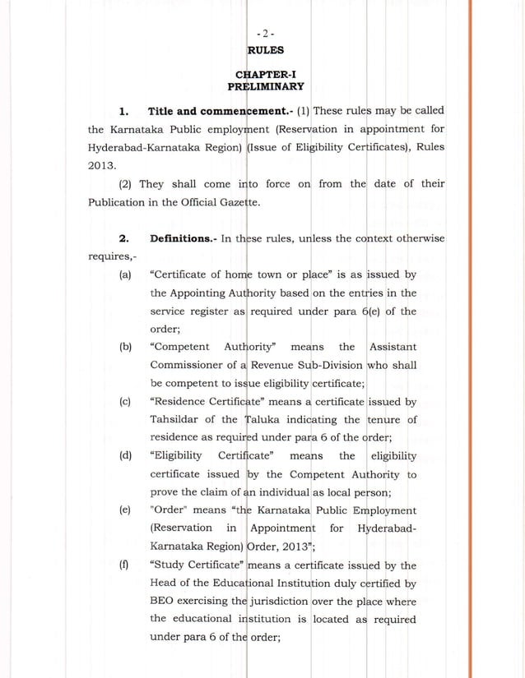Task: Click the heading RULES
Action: (x=263, y=50)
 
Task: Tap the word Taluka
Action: (x=271, y=420)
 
